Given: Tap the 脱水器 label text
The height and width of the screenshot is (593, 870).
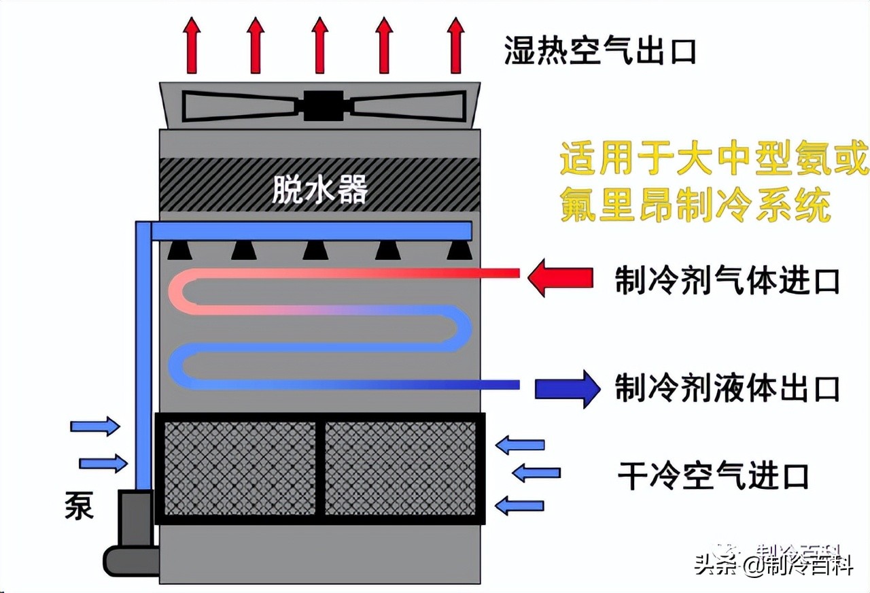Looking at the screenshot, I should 319,190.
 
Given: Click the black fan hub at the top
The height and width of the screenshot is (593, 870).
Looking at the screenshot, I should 323,106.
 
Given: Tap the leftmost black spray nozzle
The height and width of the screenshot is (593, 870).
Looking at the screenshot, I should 179,251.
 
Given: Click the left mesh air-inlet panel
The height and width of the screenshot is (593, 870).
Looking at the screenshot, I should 241,469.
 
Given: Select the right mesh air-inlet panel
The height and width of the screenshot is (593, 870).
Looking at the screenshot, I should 400,469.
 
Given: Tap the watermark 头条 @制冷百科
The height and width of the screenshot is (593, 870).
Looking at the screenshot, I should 773,564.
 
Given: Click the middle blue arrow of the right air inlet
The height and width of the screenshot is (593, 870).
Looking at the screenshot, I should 536,473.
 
